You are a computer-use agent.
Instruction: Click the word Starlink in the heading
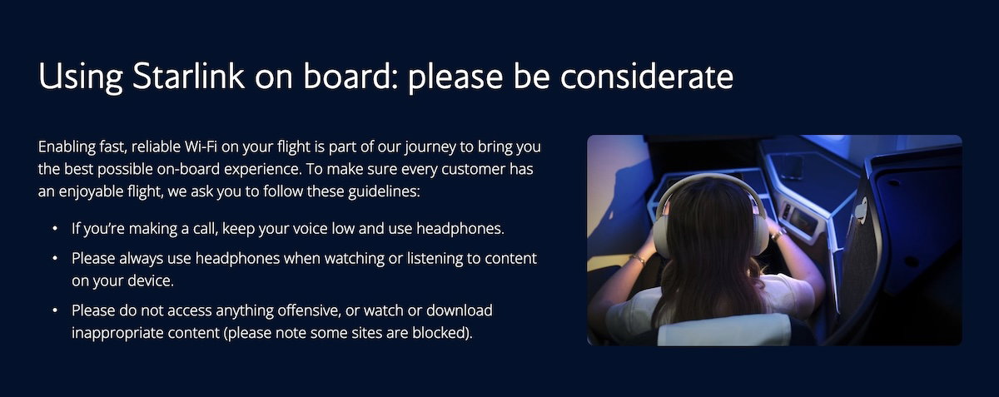[188, 76]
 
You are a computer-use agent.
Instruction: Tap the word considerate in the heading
[647, 76]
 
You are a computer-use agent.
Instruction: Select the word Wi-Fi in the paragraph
[201, 146]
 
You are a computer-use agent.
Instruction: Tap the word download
[460, 310]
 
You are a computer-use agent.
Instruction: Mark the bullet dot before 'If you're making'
[55, 228]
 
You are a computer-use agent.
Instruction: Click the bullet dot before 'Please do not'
[55, 310]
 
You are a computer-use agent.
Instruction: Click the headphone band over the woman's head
[709, 180]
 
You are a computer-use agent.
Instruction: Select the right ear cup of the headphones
[759, 228]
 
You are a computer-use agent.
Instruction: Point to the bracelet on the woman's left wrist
[639, 258]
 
